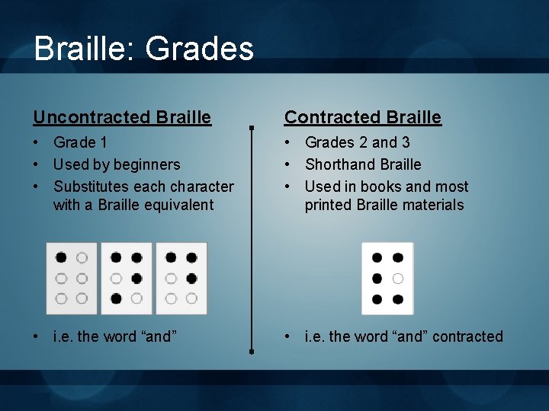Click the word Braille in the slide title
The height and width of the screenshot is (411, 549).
tap(82, 49)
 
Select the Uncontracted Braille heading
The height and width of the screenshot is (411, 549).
tap(122, 117)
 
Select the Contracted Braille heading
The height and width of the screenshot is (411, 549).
tap(363, 117)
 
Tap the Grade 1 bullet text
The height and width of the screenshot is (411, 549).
tap(80, 142)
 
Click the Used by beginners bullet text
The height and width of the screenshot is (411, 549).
tap(117, 164)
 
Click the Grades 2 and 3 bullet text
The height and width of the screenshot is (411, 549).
tap(358, 142)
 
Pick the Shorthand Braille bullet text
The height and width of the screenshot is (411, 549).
tap(363, 164)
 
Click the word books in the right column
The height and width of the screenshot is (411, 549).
tap(381, 186)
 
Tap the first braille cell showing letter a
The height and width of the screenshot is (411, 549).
tap(72, 279)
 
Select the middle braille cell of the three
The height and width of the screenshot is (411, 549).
tap(127, 279)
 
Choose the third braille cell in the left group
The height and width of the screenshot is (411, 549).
tap(181, 279)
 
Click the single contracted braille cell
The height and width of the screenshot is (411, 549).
tap(387, 279)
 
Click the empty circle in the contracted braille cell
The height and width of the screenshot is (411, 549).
tap(398, 279)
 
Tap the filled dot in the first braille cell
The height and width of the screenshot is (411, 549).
tap(61, 258)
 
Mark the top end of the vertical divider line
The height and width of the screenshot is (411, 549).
tap(252, 126)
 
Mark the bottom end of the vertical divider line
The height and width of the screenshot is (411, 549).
tap(252, 352)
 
